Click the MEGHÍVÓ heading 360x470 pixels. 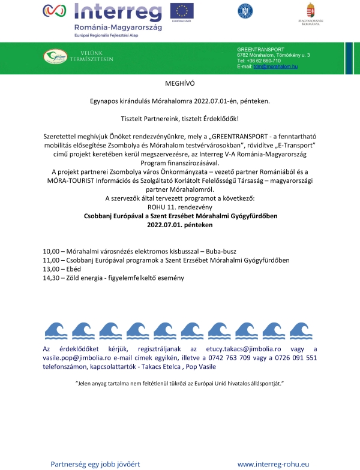pyautogui.click(x=180, y=84)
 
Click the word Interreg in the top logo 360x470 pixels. pyautogui.click(x=118, y=13)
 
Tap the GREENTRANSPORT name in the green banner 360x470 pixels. pyautogui.click(x=261, y=49)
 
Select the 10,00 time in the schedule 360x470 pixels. pyautogui.click(x=52, y=251)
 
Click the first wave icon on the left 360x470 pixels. pyautogui.click(x=56, y=330)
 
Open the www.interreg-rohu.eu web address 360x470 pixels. pyautogui.click(x=273, y=464)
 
